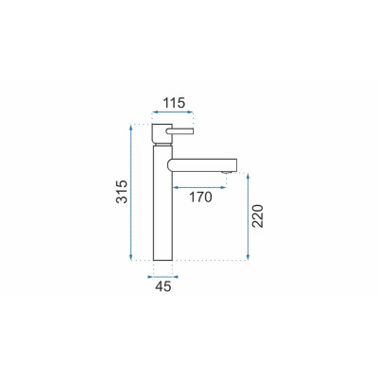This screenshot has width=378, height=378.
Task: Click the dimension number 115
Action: (x=174, y=103)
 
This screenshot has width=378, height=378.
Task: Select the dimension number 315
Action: (x=122, y=192)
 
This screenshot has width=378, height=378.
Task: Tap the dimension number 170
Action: (x=200, y=198)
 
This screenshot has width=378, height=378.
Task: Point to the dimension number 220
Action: (x=257, y=216)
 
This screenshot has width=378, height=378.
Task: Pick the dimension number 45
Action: (x=163, y=286)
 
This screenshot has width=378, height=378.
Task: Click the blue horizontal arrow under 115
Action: (x=172, y=112)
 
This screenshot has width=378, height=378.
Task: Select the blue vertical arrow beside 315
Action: (x=131, y=193)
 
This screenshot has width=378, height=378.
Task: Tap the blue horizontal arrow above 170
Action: (x=199, y=187)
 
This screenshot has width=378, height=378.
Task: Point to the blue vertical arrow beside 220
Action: (x=249, y=216)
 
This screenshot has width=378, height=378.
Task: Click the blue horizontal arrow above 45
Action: (x=163, y=277)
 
